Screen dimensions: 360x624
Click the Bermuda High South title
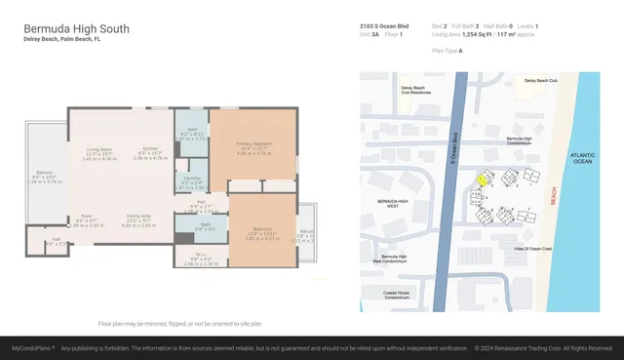click(76, 29)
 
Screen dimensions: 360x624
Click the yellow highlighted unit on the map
click(482, 178)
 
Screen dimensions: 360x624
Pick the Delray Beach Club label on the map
click(540, 81)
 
